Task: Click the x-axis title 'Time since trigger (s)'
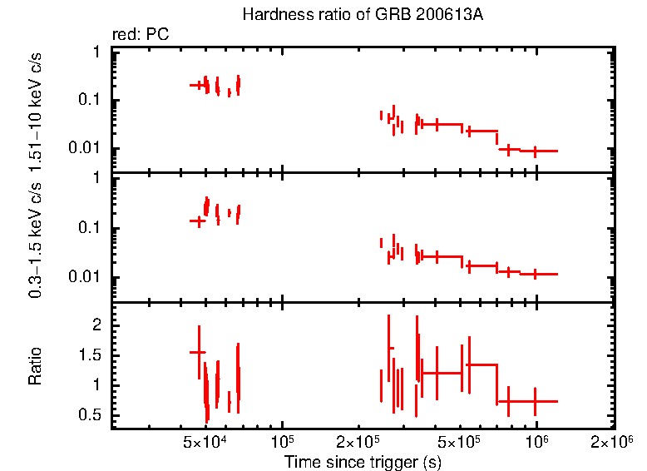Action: coord(363,460)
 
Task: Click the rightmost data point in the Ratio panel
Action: coord(535,401)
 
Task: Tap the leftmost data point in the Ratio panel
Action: coord(198,352)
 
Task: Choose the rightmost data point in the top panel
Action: coord(535,151)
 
